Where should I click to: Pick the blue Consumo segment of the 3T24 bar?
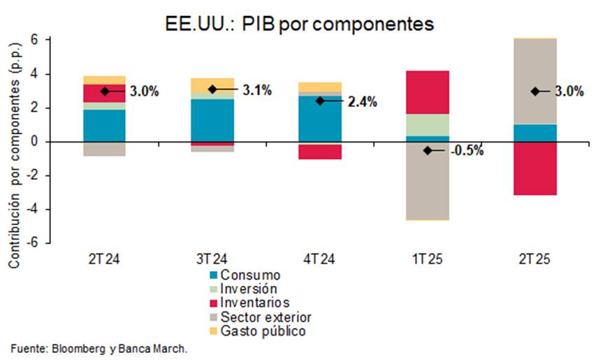(x=212, y=120)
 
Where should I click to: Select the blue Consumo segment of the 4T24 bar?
(x=320, y=119)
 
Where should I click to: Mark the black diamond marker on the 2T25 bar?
(x=535, y=91)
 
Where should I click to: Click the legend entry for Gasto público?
(x=262, y=331)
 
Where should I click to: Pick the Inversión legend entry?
(x=248, y=289)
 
